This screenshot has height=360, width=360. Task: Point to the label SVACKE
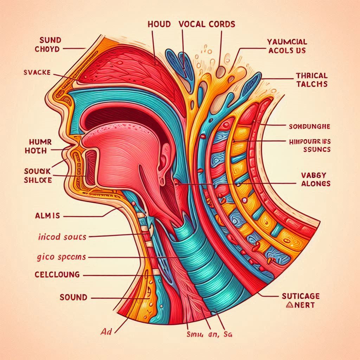pyautogui.click(x=37, y=72)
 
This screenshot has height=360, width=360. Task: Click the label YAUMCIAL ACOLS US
pyautogui.click(x=287, y=46)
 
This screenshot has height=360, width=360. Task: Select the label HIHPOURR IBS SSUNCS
pyautogui.click(x=307, y=145)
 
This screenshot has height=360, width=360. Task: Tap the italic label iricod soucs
pyautogui.click(x=62, y=237)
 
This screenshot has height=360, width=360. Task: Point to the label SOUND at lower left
pyautogui.click(x=73, y=297)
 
